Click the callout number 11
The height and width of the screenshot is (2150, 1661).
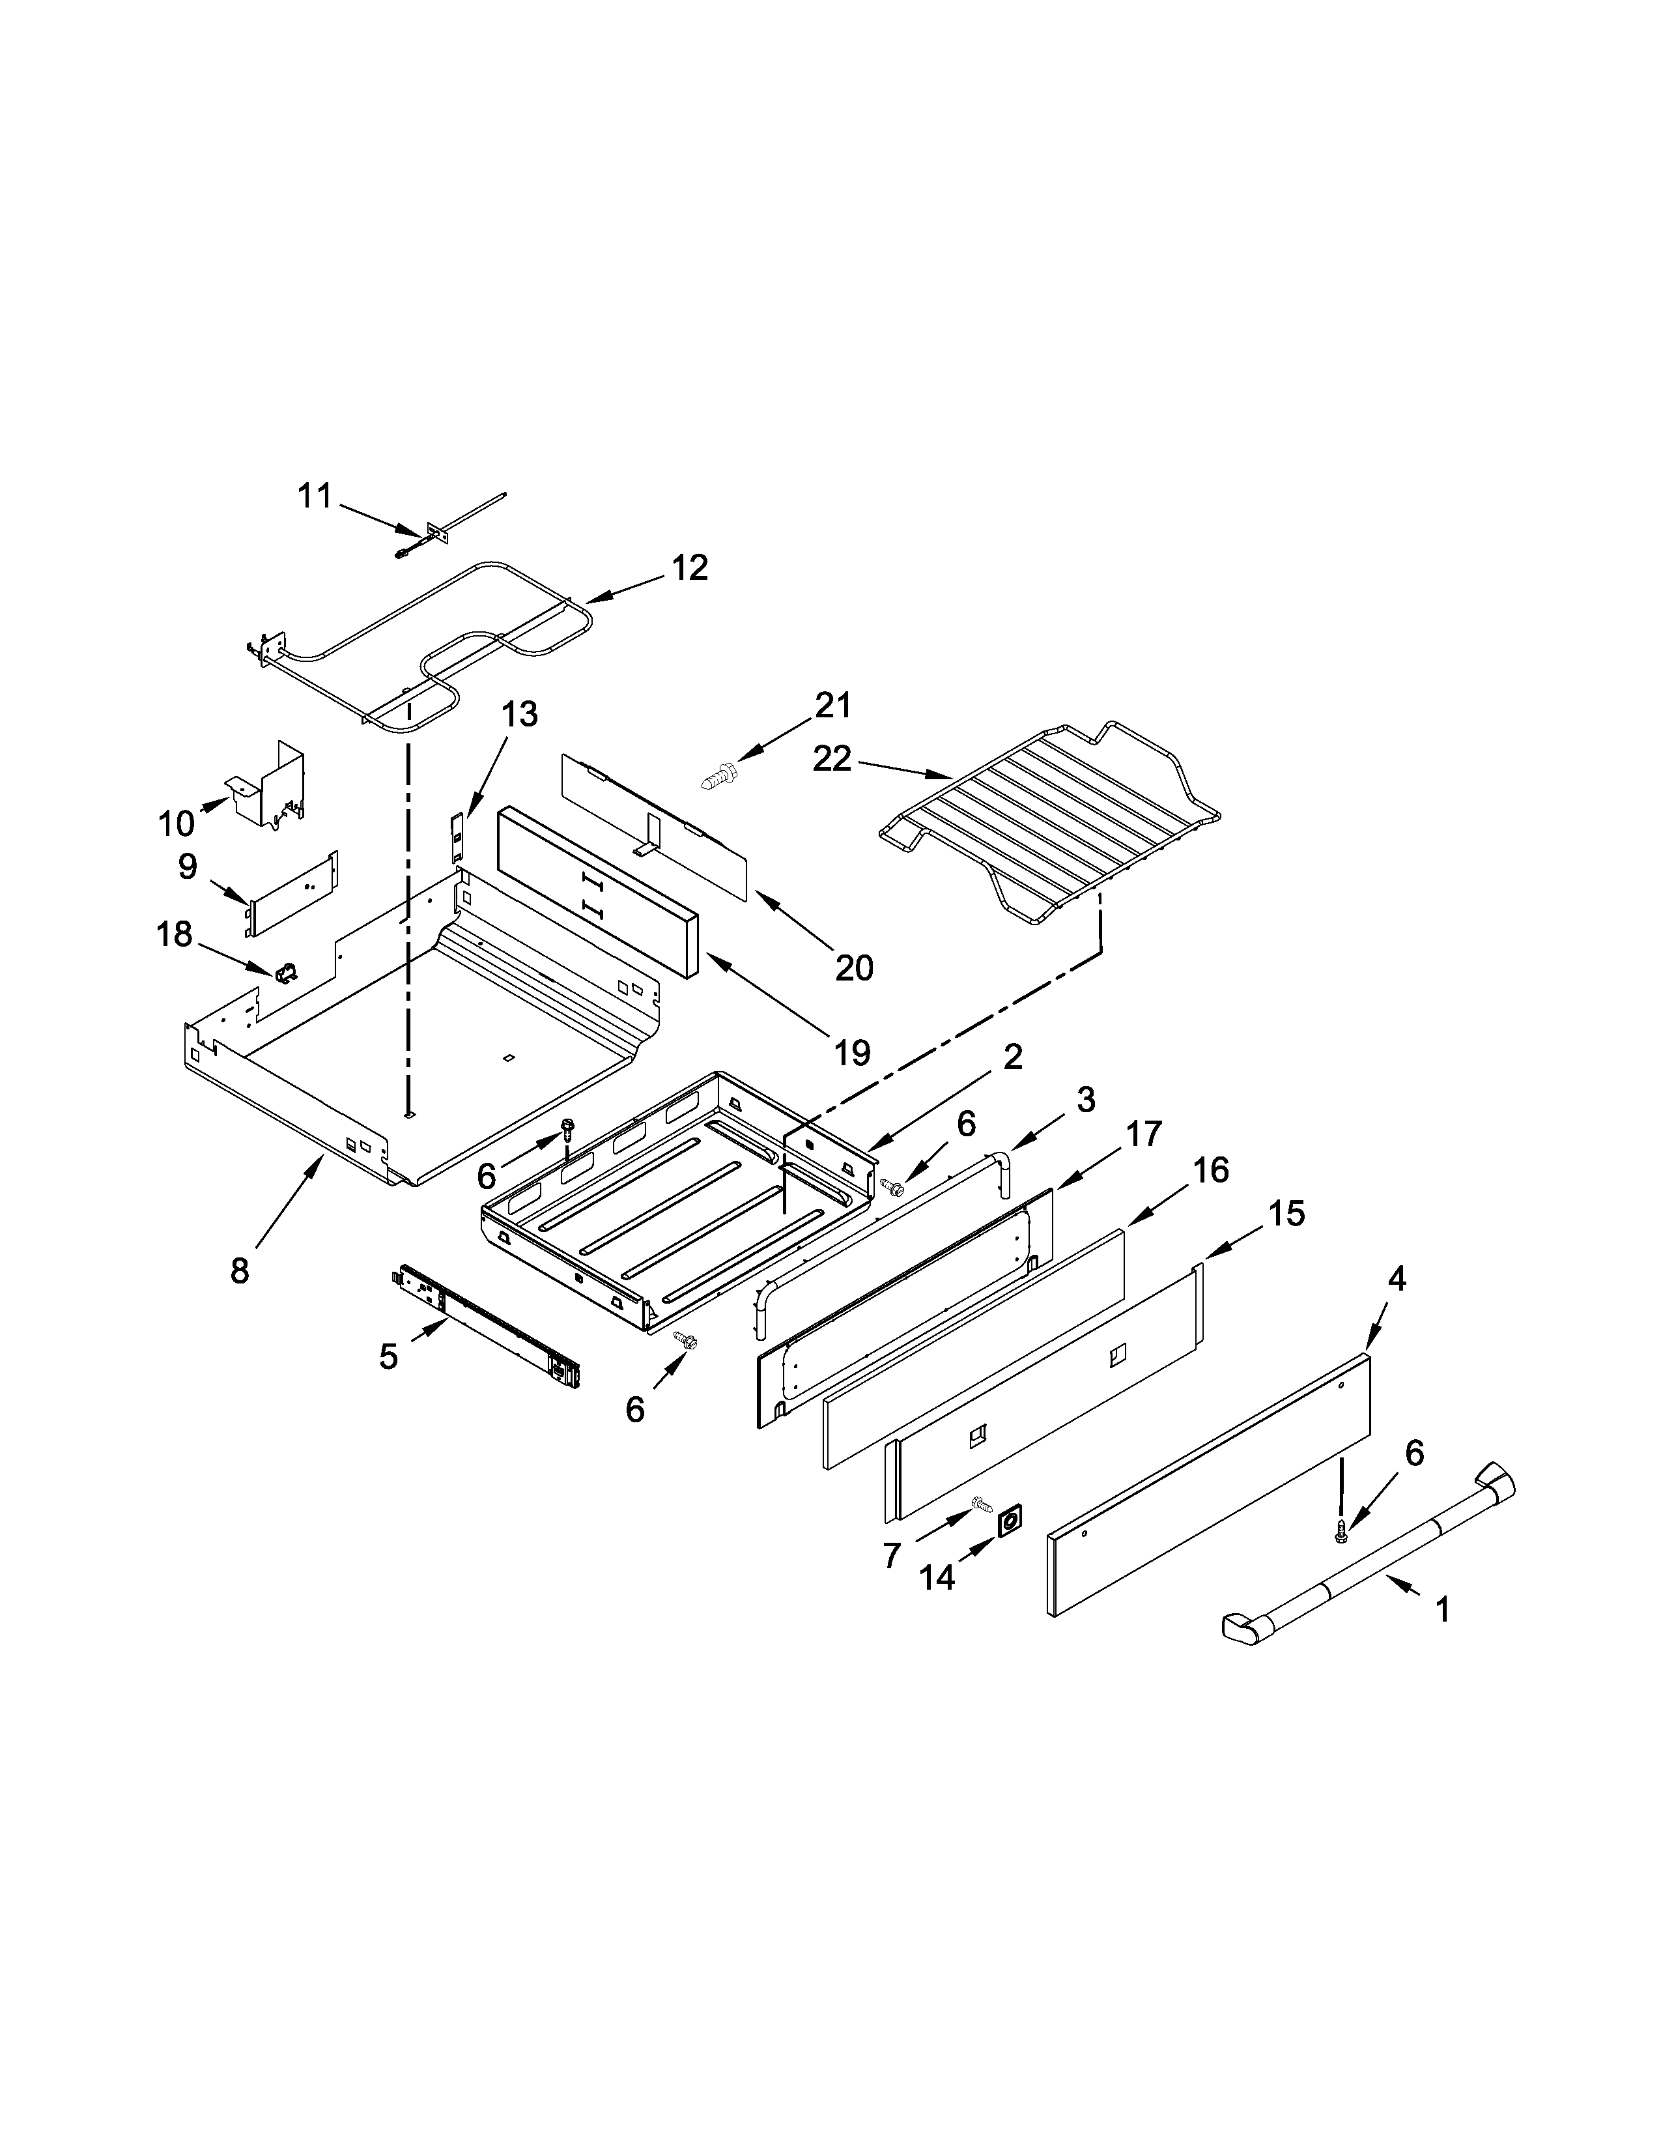pyautogui.click(x=315, y=496)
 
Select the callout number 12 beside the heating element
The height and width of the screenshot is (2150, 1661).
pyautogui.click(x=690, y=568)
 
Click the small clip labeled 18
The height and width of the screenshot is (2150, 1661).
pyautogui.click(x=287, y=973)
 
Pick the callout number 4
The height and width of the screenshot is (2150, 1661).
pyautogui.click(x=1397, y=1279)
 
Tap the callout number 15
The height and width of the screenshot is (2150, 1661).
pyautogui.click(x=1286, y=1214)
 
